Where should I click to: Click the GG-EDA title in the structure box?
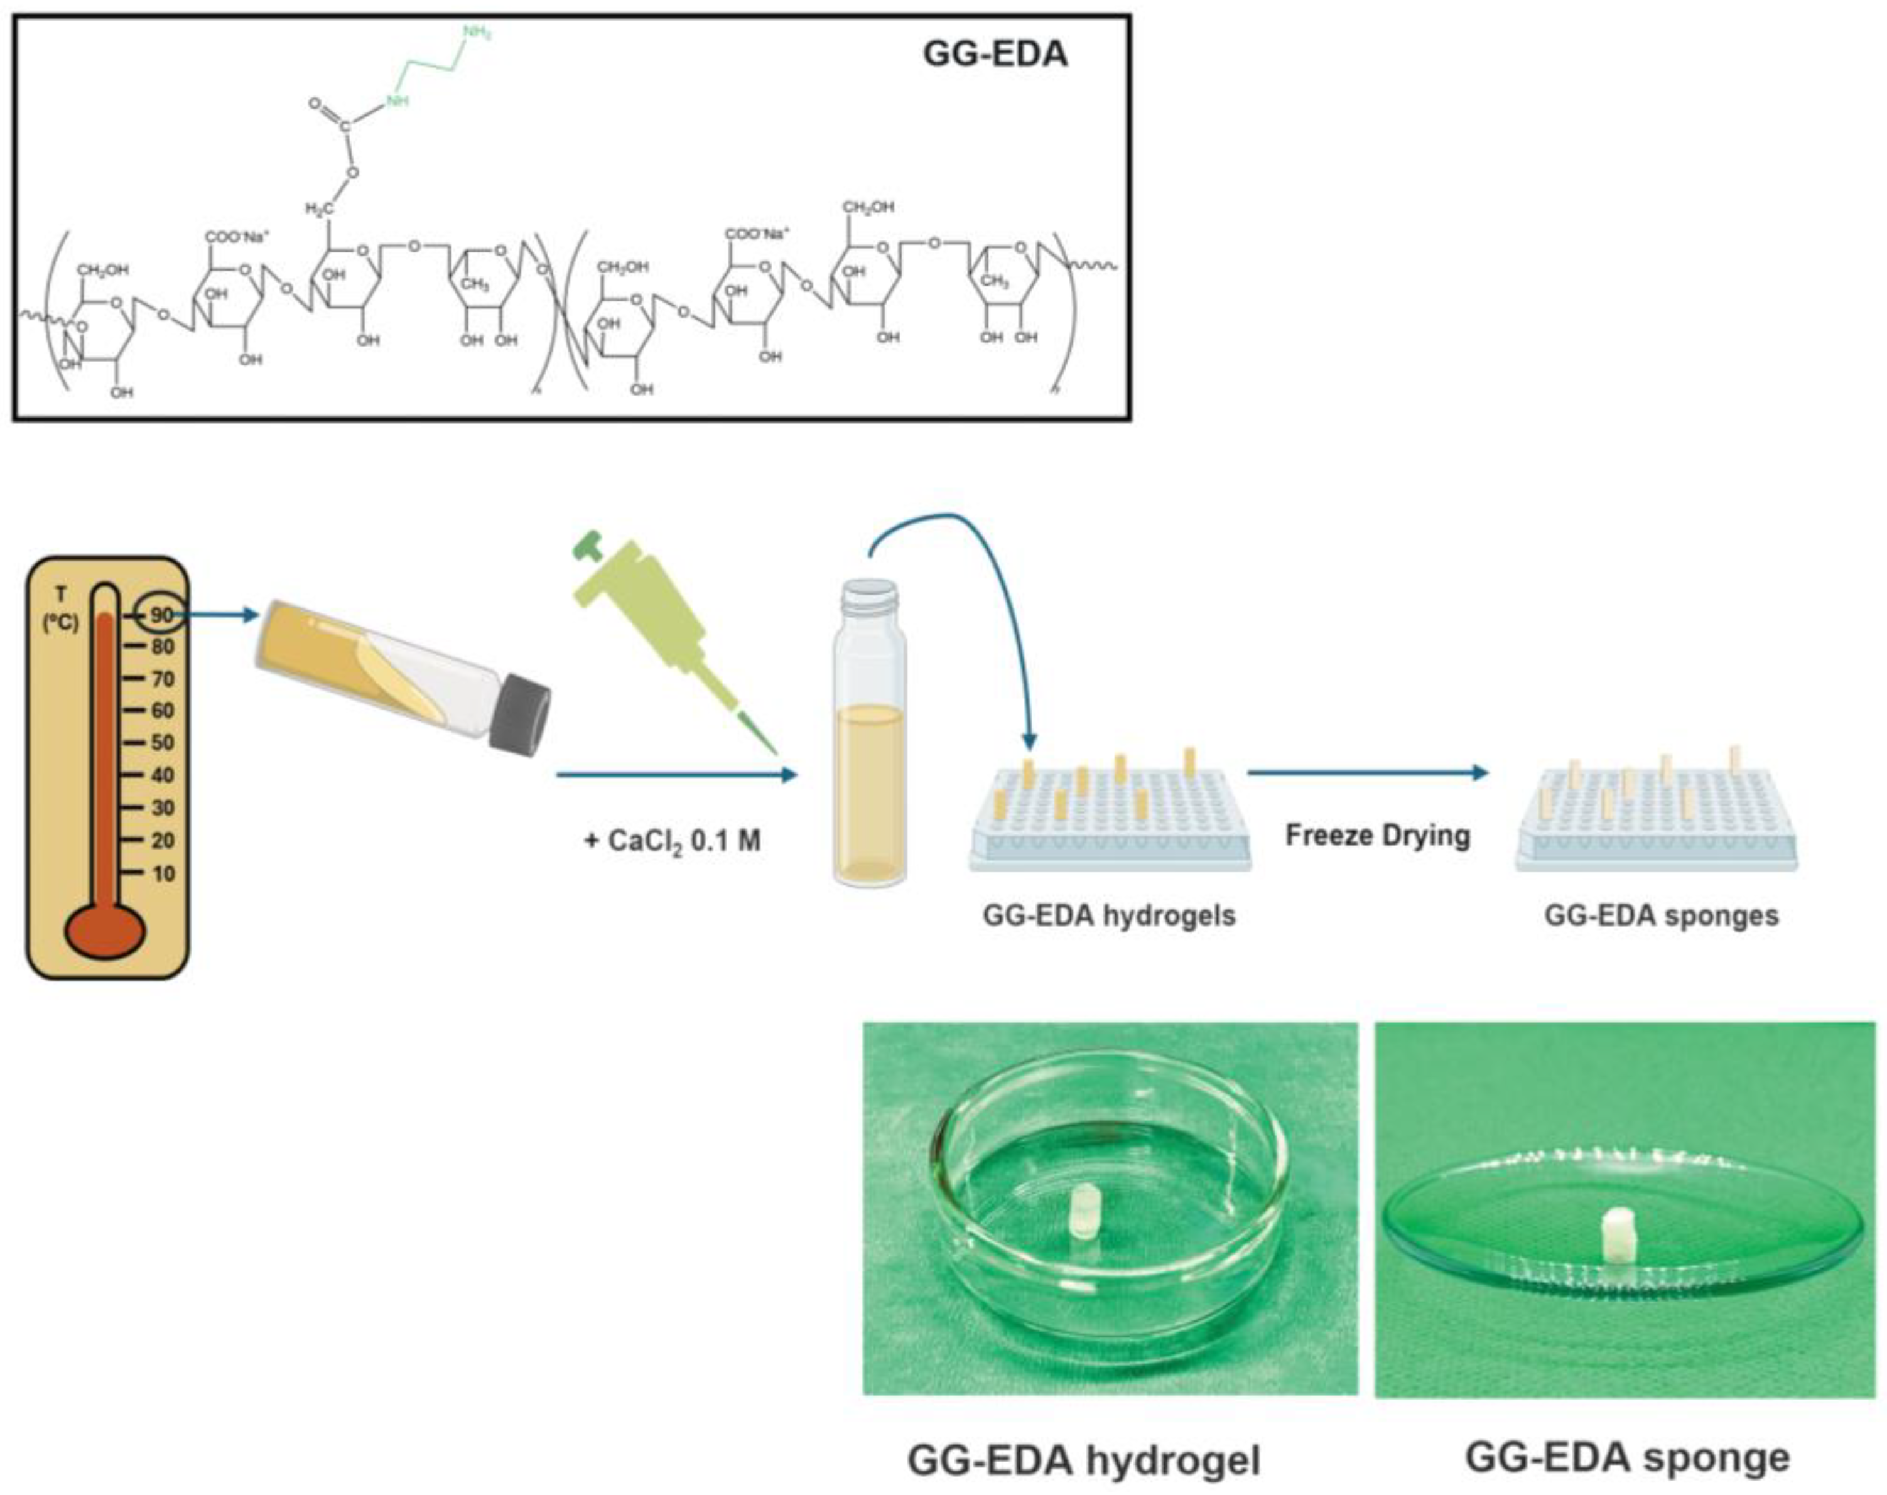[995, 54]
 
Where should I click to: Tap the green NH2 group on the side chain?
[477, 33]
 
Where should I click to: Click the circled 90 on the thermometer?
[161, 615]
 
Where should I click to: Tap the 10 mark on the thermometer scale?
[163, 873]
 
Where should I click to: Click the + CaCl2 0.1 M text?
[672, 841]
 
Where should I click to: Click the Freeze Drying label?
[1376, 835]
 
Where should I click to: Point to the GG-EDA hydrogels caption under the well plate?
[1108, 915]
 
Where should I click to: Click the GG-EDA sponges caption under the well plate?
[1660, 915]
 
